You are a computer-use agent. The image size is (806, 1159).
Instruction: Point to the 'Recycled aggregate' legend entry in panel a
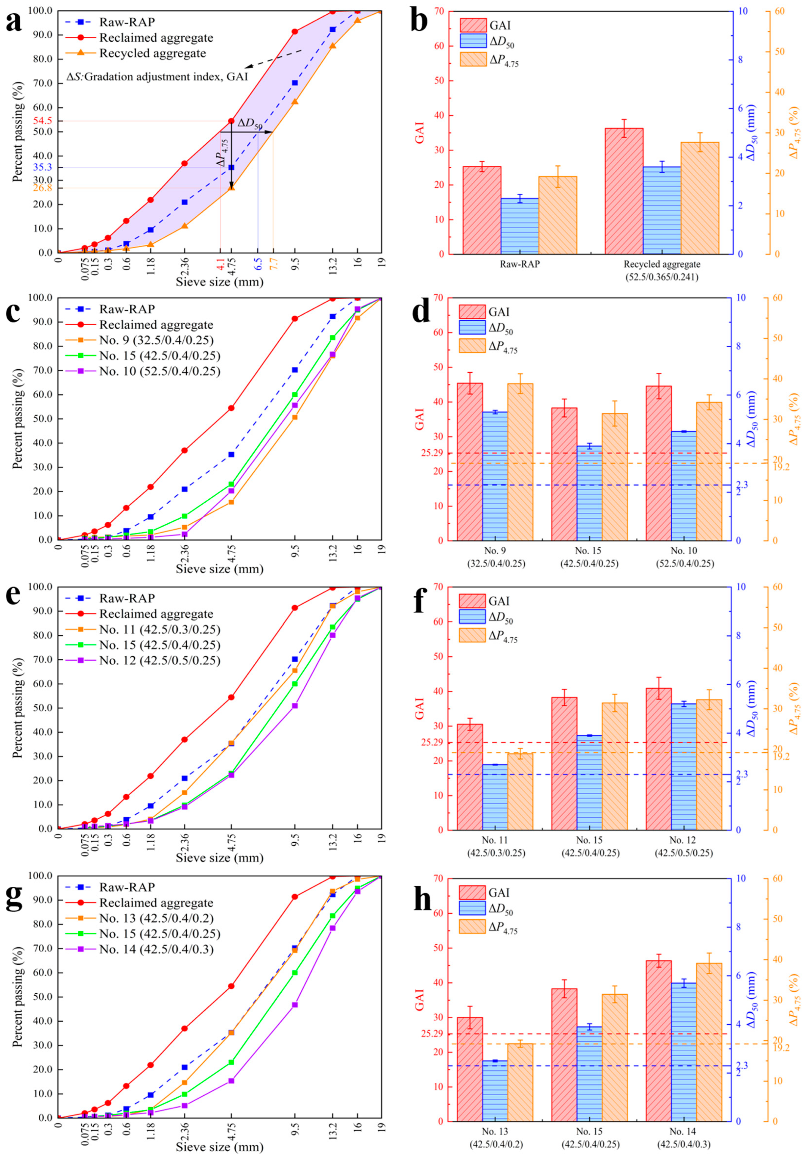pyautogui.click(x=152, y=53)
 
